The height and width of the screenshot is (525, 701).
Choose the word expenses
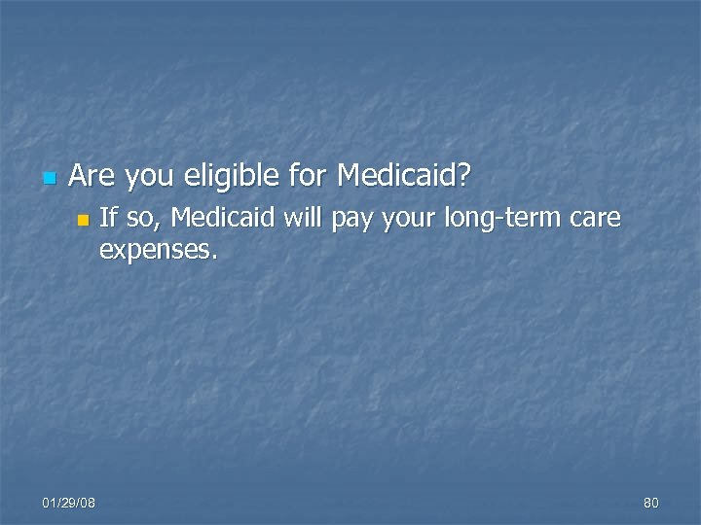pyautogui.click(x=155, y=251)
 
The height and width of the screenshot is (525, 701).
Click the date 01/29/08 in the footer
pyautogui.click(x=69, y=503)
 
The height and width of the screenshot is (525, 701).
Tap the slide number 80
pyautogui.click(x=651, y=503)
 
